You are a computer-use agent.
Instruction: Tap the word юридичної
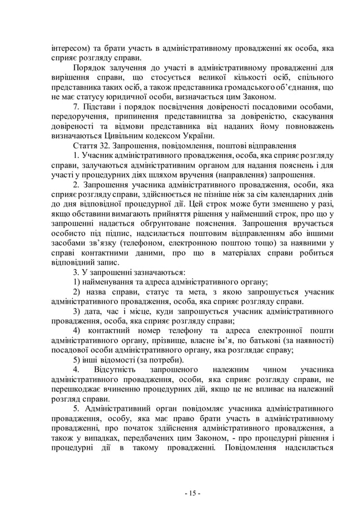pos(122,97)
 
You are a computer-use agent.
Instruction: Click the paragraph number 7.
pos(77,107)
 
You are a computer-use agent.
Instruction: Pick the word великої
pos(201,78)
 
